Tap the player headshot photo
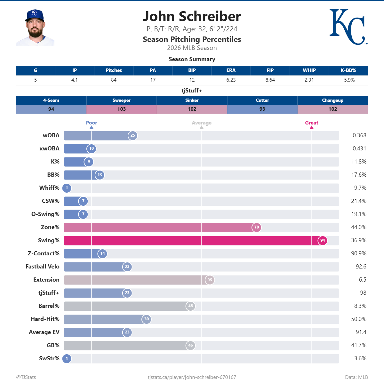point(35,28)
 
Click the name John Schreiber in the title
point(192,16)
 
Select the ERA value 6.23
point(231,80)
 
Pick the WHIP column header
point(309,70)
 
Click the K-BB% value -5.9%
point(348,80)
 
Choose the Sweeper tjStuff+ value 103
point(122,109)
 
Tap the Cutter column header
point(262,100)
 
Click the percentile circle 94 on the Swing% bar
point(323,240)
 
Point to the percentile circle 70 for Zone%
point(257,227)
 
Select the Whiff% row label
point(49,188)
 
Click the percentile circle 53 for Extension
point(210,280)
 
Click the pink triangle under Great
point(312,127)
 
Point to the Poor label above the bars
point(92,123)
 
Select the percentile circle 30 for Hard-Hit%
point(146,319)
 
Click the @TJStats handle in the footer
point(26,377)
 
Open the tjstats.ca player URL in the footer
point(192,377)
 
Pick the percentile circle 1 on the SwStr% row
point(67,358)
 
